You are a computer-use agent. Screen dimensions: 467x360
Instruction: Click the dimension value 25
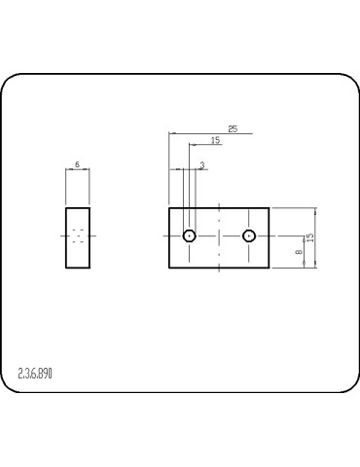233,128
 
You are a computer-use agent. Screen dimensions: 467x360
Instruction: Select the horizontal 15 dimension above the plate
215,141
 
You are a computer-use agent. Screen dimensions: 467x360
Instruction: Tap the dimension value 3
201,165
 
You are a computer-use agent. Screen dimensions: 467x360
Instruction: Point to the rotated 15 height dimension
310,237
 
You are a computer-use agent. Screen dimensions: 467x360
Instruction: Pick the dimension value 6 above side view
77,164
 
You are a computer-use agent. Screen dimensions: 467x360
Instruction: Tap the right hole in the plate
249,235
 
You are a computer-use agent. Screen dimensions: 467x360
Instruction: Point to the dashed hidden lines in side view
78,235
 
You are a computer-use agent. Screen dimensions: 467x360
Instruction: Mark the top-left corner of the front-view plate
169,208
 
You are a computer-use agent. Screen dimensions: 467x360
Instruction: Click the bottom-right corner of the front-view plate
270,269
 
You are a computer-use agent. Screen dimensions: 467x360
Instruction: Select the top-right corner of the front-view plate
270,208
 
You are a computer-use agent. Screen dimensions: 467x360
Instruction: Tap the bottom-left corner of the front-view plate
169,269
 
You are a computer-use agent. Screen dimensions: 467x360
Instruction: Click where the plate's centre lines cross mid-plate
220,235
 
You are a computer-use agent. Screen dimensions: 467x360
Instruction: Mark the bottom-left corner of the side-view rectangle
66,269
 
